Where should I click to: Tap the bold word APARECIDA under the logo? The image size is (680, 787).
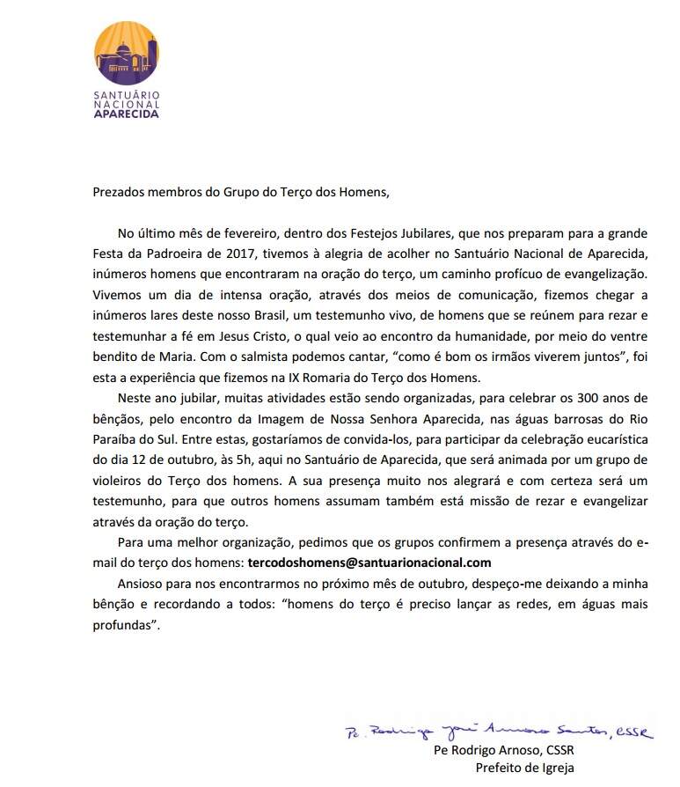(x=127, y=114)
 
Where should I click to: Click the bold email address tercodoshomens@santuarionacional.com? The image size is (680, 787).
(x=369, y=562)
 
